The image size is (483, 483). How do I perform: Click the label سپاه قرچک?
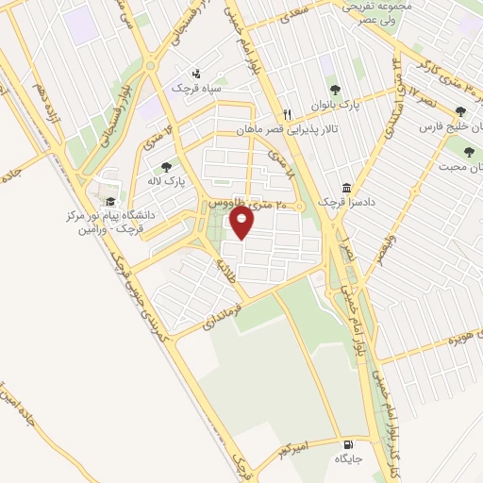pyautogui.click(x=194, y=87)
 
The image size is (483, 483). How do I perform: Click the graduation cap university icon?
pyautogui.click(x=109, y=201)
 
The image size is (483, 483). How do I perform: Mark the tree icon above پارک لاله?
pyautogui.click(x=167, y=167)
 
